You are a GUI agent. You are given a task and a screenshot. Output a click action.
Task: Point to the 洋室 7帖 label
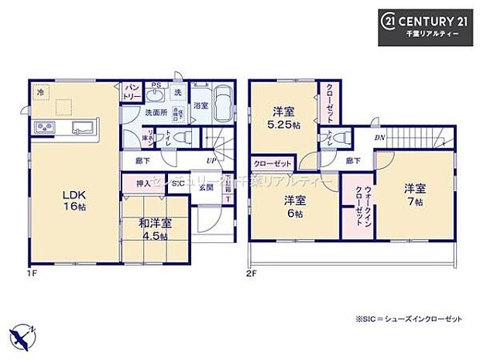412,194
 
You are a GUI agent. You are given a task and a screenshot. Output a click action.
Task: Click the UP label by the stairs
210,160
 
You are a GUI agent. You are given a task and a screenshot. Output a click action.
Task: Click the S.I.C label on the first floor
177,185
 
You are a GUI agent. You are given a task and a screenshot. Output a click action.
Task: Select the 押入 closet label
142,185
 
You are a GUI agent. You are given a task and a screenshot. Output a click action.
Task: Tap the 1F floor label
33,273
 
